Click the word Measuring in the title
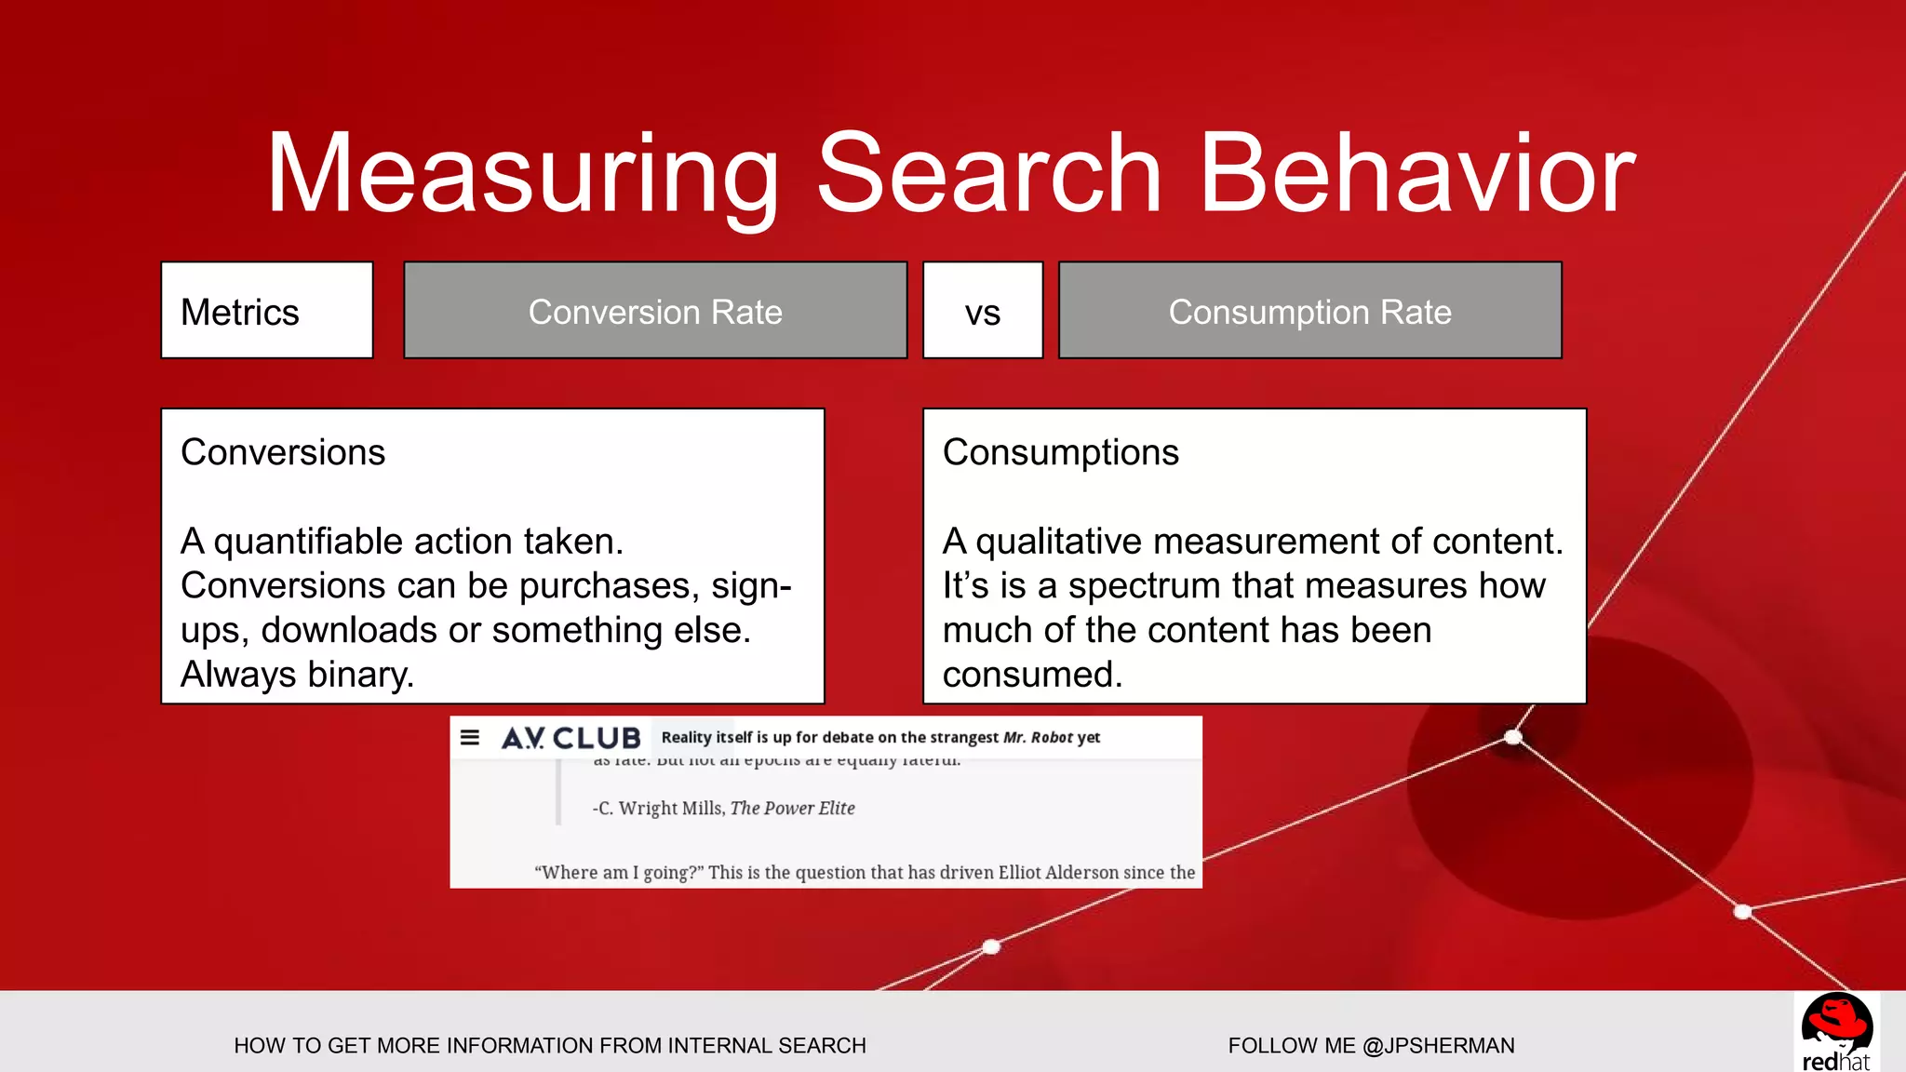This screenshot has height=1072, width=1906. (521, 175)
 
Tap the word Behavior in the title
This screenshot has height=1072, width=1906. (1416, 175)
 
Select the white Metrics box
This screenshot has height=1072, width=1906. (267, 311)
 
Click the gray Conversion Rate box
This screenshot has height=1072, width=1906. (655, 311)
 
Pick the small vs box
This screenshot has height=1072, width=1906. (983, 311)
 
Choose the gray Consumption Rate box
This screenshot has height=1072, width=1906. (1309, 311)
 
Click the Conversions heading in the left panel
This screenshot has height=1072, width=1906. (283, 452)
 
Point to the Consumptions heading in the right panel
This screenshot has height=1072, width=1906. (1060, 452)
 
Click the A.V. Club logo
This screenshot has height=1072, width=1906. (570, 738)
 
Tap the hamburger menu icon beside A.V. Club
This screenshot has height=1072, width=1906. (470, 738)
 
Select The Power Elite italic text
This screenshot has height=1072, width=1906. (792, 808)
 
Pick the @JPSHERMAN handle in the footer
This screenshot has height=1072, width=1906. (1438, 1045)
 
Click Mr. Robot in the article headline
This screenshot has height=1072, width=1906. (1038, 737)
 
